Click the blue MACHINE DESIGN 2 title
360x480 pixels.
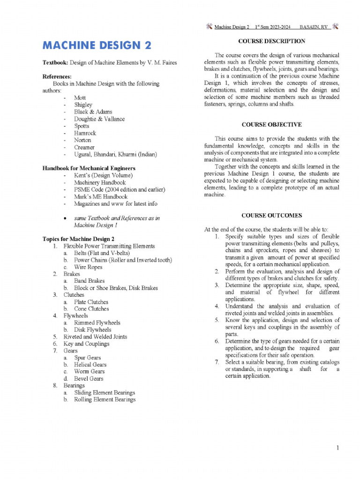tap(97, 45)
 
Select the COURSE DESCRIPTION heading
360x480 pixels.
tap(272, 41)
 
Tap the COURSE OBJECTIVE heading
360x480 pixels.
tap(272, 125)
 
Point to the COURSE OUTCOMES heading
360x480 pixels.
tap(272, 216)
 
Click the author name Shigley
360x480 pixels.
tap(83, 105)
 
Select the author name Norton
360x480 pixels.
tap(82, 140)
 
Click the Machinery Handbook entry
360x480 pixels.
tap(100, 183)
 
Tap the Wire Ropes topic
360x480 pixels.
tap(88, 267)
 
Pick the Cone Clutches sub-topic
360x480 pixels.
tap(91, 309)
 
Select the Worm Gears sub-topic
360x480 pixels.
tap(89, 372)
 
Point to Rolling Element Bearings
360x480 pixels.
tap(105, 400)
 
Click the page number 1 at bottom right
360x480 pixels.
tap(337, 449)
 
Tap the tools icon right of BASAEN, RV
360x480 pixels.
tap(335, 27)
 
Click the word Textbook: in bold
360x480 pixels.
tap(56, 63)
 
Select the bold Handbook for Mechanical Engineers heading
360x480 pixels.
tap(89, 168)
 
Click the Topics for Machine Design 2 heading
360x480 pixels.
tap(78, 239)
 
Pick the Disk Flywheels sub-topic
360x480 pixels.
tap(93, 330)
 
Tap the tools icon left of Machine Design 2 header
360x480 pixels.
tap(209, 27)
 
